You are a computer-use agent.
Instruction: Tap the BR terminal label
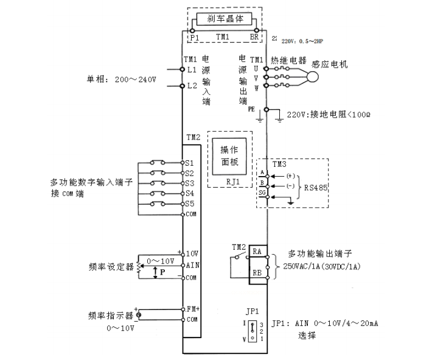tap(254, 37)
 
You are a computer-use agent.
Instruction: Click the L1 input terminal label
tap(192, 71)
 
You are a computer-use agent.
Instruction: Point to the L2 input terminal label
tap(192, 86)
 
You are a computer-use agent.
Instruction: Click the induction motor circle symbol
tap(312, 78)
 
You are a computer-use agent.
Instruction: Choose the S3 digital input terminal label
tap(189, 183)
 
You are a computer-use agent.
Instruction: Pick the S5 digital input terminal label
tap(189, 203)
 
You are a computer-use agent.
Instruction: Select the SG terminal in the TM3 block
tap(262, 192)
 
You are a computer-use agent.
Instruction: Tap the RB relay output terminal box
tap(257, 274)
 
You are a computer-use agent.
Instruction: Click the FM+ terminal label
tap(193, 309)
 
